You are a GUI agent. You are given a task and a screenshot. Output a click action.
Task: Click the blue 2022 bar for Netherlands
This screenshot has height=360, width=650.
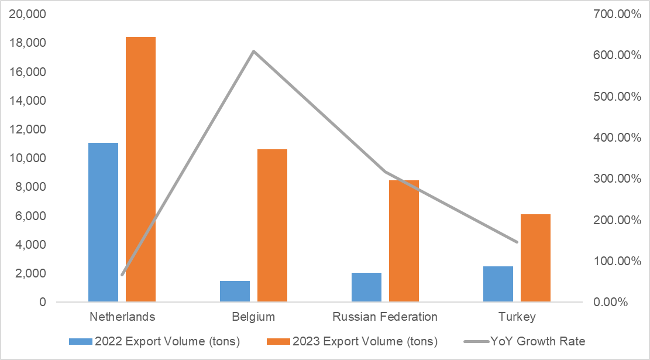pyautogui.click(x=103, y=222)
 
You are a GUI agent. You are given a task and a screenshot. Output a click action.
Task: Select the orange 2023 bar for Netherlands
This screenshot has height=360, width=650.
pyautogui.click(x=140, y=170)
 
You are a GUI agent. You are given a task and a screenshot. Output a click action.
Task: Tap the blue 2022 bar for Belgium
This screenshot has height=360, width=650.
pyautogui.click(x=235, y=292)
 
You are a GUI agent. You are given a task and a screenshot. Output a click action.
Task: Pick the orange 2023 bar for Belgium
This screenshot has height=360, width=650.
pyautogui.click(x=272, y=226)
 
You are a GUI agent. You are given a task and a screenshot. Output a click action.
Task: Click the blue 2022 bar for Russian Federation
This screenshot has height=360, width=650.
pyautogui.click(x=366, y=287)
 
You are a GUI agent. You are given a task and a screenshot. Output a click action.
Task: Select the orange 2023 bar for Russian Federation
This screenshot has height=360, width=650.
pyautogui.click(x=404, y=241)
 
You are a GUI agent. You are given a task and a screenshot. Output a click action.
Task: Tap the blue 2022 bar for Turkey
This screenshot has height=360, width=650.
pyautogui.click(x=498, y=284)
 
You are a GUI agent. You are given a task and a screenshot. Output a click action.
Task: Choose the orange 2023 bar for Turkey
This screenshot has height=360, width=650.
pyautogui.click(x=535, y=258)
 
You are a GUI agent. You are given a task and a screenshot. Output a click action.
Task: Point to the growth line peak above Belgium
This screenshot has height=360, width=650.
pyautogui.click(x=253, y=52)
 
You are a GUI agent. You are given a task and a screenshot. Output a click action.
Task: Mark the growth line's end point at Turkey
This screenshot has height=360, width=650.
pyautogui.click(x=517, y=242)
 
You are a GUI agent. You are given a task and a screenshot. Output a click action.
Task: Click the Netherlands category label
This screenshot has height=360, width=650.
pyautogui.click(x=122, y=317)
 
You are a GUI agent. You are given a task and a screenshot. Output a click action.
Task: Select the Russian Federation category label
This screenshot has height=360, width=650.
pyautogui.click(x=385, y=317)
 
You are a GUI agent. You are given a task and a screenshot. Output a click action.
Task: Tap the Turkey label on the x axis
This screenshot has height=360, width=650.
pyautogui.click(x=517, y=317)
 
